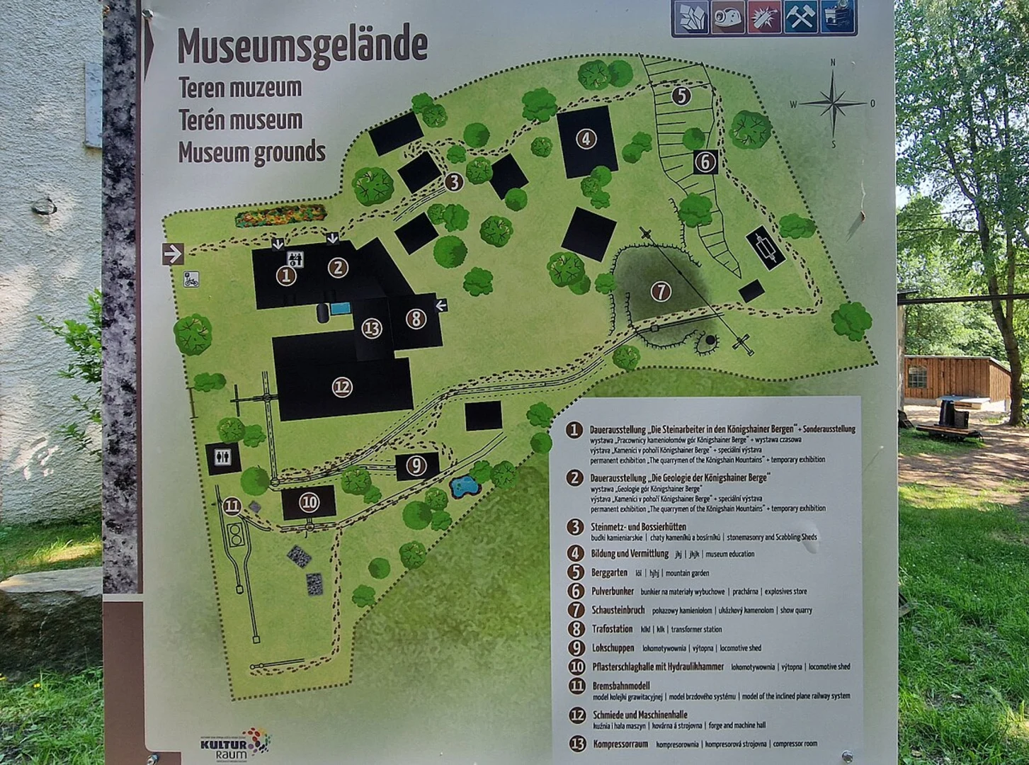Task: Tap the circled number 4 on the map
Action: (586, 138)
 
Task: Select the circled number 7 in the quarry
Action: (660, 290)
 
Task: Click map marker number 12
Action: (342, 387)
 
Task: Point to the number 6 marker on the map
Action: (705, 161)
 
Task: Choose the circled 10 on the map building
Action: (309, 502)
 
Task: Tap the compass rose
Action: (833, 103)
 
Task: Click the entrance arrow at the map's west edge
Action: (174, 253)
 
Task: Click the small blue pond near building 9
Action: (464, 487)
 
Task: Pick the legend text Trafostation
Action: (613, 629)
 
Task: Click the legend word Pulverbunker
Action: (613, 591)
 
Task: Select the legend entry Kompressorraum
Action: (620, 744)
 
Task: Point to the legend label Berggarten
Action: (609, 572)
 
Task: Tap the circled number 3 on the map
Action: (454, 182)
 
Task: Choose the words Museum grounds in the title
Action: (251, 152)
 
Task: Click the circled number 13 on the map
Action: (372, 328)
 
